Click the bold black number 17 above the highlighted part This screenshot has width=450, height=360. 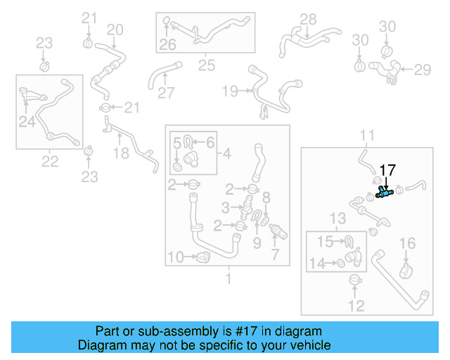(388, 169)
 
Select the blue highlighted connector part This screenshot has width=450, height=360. (383, 193)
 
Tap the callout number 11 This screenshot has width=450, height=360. (367, 135)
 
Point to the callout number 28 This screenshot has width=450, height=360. (308, 19)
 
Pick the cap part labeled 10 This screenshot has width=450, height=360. (203, 257)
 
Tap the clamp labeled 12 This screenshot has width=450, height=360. (356, 281)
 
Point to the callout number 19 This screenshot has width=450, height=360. (230, 91)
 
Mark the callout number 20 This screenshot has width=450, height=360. (115, 30)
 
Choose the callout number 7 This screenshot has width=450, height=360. (275, 253)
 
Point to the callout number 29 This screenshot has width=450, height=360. (422, 70)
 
